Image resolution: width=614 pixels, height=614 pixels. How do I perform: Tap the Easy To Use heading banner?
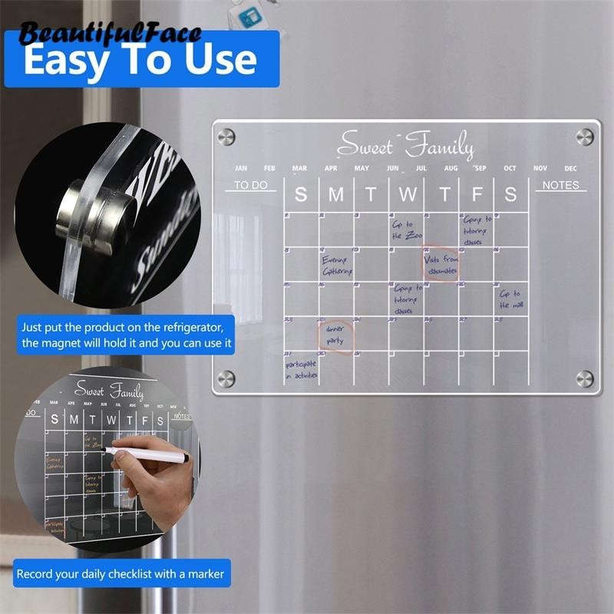tap(140, 60)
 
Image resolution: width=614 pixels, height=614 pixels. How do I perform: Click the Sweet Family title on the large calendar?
tap(406, 144)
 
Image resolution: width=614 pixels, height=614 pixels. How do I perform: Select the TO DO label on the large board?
tap(250, 185)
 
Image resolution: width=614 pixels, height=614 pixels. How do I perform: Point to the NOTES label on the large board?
tap(560, 185)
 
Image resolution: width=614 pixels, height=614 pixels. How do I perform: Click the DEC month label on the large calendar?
tap(570, 168)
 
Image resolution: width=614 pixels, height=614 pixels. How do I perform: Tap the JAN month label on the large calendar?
tap(241, 168)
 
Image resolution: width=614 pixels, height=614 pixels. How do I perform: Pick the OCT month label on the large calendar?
tap(510, 168)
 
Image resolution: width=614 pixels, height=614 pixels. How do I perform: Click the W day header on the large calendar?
tap(407, 195)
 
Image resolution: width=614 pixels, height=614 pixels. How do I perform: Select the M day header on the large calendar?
tap(336, 195)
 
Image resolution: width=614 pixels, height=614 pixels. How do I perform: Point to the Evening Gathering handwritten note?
tap(337, 266)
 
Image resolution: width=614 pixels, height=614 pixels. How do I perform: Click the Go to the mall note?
tap(510, 299)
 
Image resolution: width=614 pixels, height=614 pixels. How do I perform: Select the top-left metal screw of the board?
tap(226, 137)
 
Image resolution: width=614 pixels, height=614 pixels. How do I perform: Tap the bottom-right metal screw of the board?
tap(584, 378)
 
